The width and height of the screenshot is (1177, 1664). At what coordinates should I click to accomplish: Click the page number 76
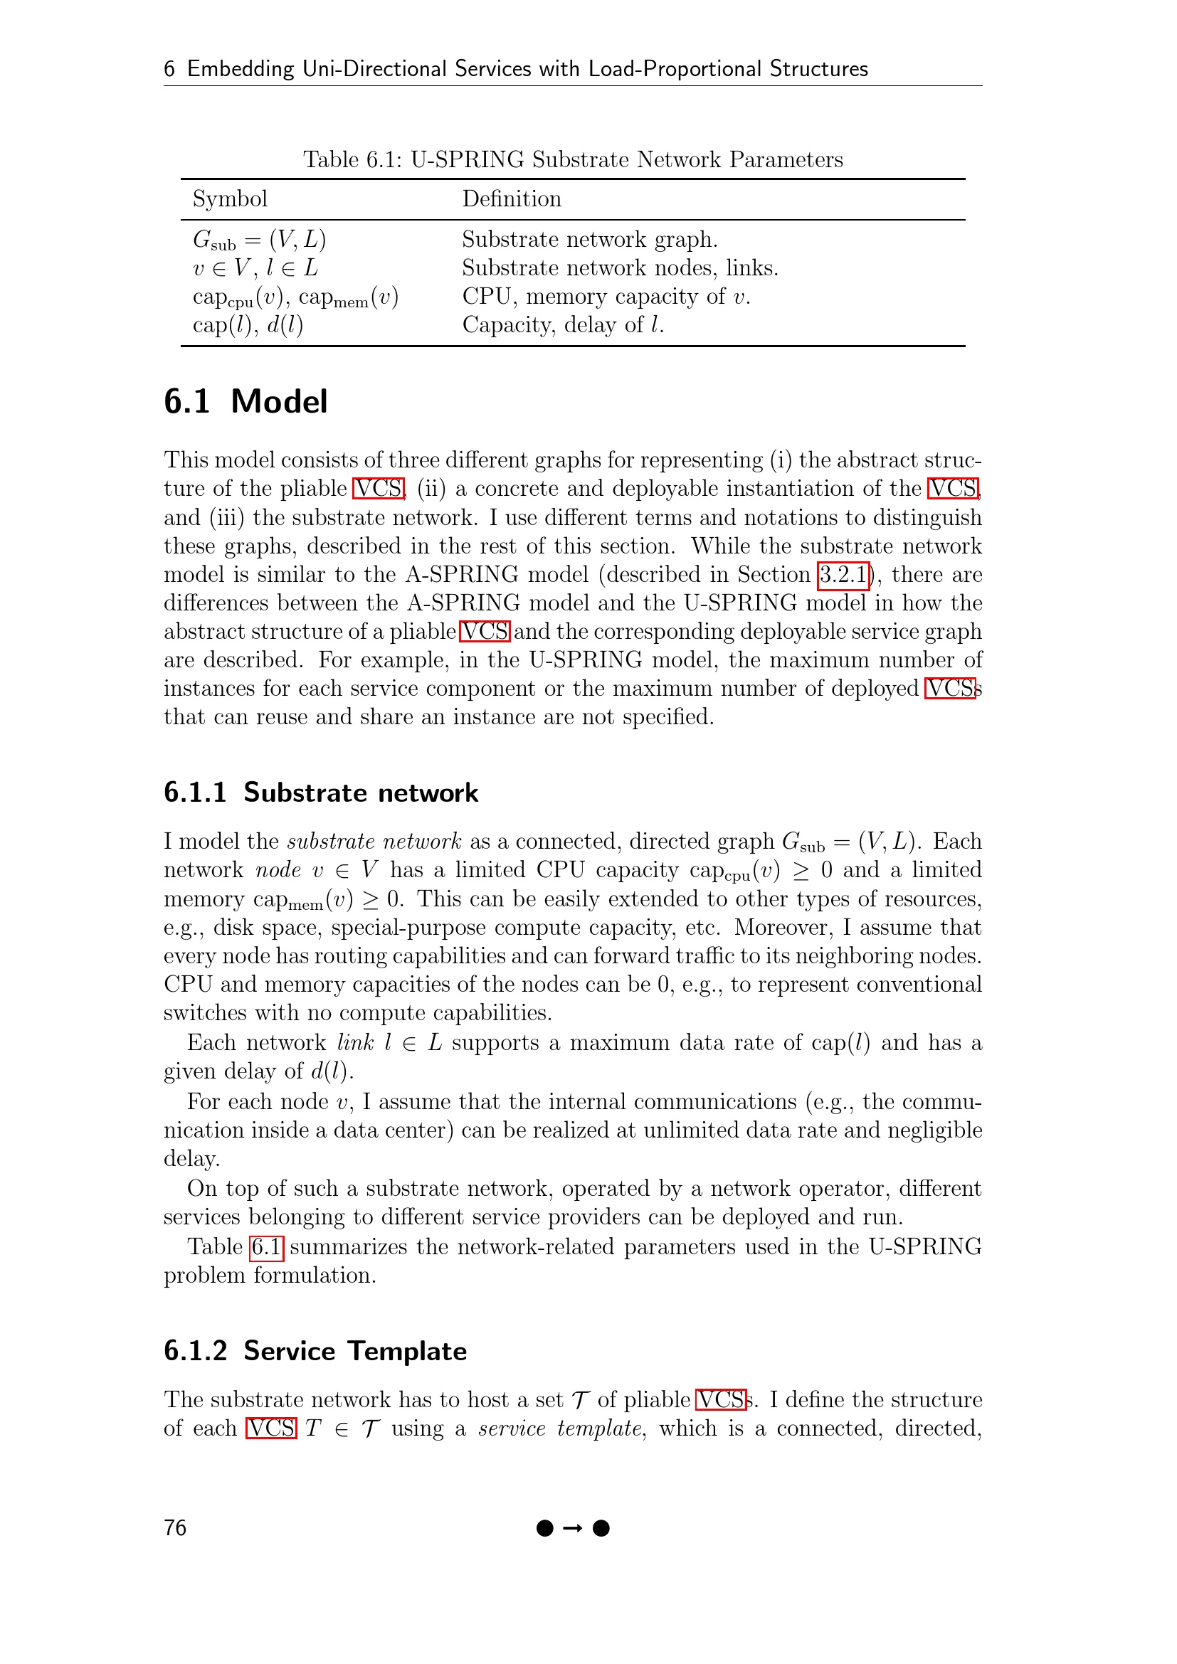click(x=174, y=1527)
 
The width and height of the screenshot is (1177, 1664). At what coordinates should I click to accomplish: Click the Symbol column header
click(x=230, y=199)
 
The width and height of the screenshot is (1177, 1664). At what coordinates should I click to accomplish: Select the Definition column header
click(x=512, y=199)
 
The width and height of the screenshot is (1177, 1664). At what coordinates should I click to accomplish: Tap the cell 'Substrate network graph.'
click(x=589, y=240)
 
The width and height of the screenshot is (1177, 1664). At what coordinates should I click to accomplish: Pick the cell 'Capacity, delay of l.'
click(x=563, y=325)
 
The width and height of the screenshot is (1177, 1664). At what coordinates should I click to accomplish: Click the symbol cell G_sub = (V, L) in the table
click(x=259, y=240)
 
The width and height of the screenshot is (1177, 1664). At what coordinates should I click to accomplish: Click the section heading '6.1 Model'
click(x=246, y=402)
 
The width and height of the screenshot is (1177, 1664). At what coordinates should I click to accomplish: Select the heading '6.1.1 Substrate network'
click(x=320, y=793)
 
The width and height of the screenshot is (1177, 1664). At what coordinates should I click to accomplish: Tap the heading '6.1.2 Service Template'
click(x=315, y=1352)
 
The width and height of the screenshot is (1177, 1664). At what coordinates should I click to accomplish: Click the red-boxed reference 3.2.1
click(x=843, y=575)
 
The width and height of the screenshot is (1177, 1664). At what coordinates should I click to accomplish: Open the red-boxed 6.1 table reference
click(x=266, y=1246)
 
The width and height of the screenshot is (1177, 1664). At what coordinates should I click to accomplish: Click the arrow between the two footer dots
click(x=573, y=1528)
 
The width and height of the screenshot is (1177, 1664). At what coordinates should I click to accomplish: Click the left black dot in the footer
click(x=545, y=1528)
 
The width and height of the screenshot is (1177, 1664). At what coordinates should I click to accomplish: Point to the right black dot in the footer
click(x=601, y=1528)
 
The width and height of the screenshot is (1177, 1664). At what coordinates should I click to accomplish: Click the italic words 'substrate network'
click(x=374, y=842)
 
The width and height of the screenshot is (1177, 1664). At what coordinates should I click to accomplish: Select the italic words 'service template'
click(x=559, y=1429)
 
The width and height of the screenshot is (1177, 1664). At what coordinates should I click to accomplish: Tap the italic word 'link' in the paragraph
click(x=355, y=1043)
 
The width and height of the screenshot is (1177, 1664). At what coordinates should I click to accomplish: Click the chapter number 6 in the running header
click(x=169, y=69)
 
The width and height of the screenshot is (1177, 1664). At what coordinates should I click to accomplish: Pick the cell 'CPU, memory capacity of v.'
click(x=606, y=297)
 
